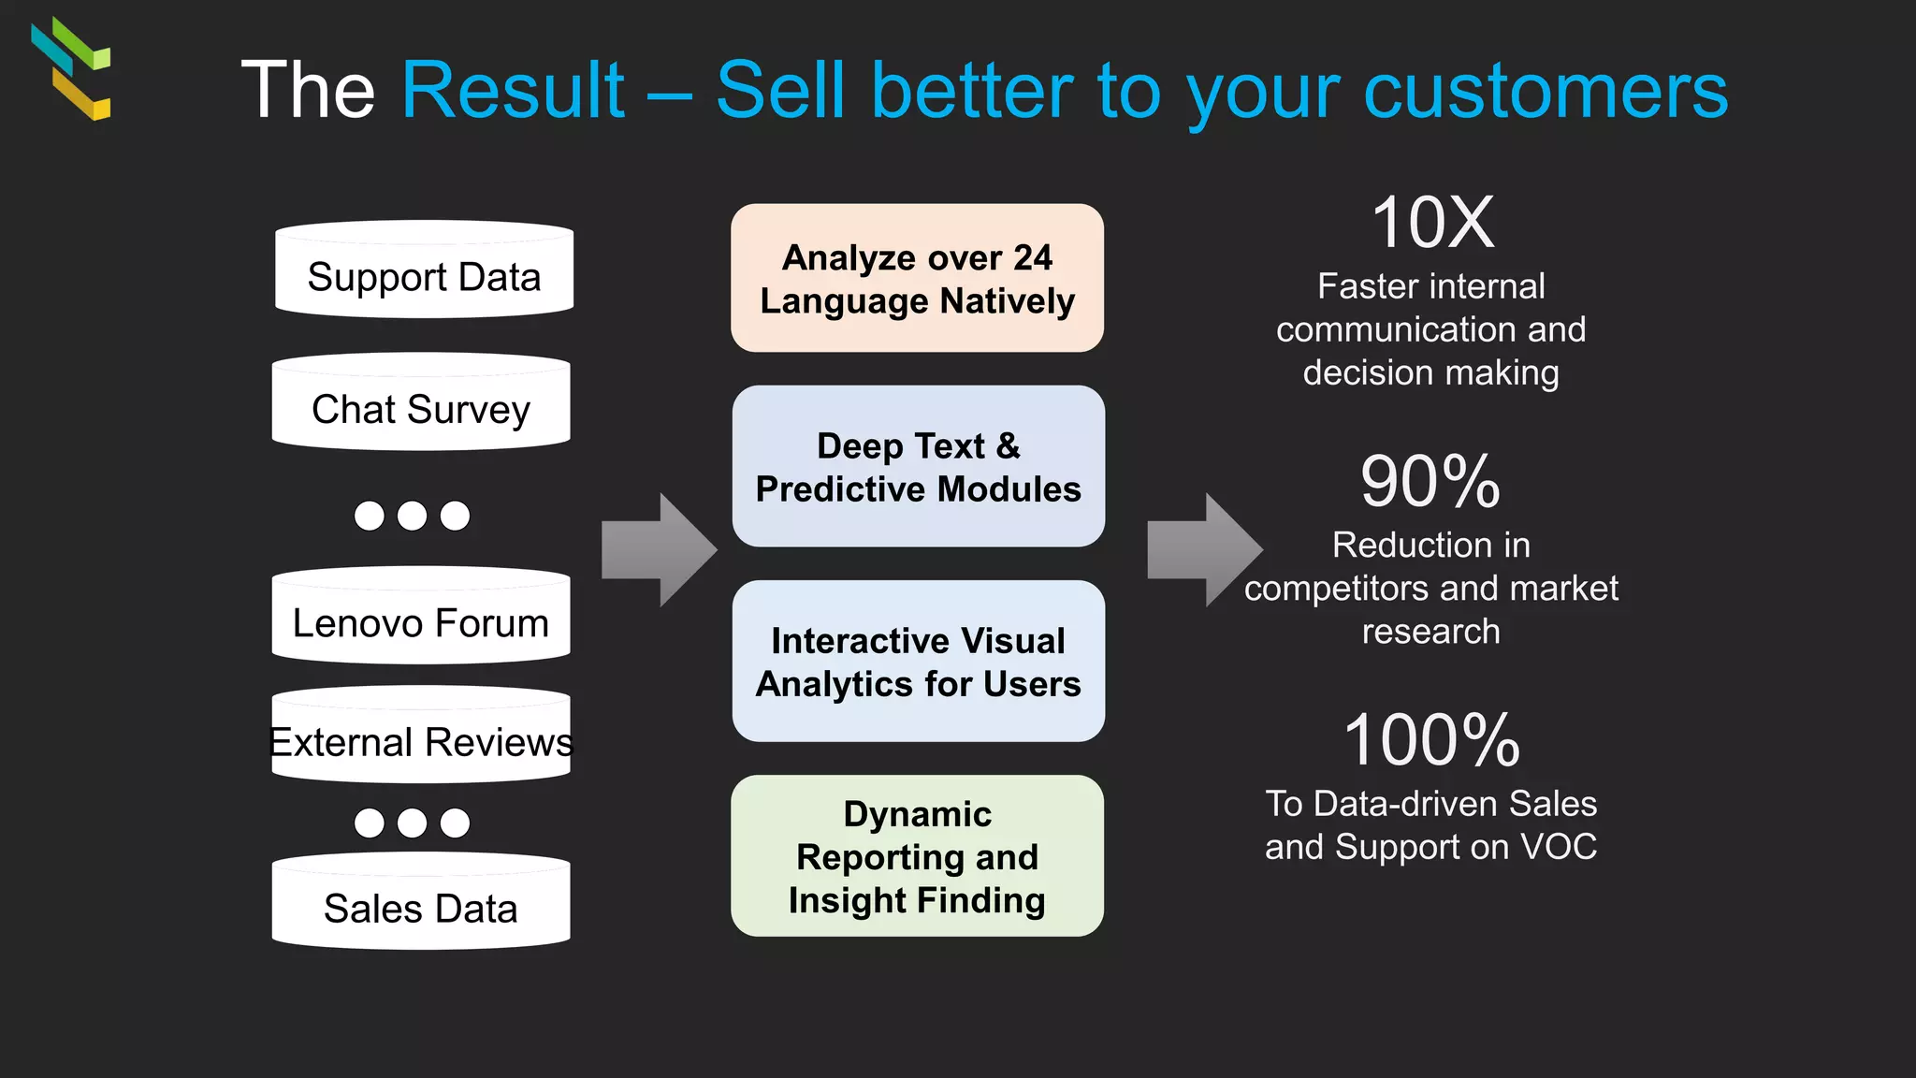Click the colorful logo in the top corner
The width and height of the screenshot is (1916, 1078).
(72, 68)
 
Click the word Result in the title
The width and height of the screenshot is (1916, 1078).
(513, 91)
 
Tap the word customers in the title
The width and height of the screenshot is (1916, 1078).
(1546, 91)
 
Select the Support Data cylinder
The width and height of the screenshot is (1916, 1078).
(424, 272)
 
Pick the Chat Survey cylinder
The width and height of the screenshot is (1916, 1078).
(421, 404)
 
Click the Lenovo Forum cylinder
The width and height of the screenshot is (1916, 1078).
(421, 619)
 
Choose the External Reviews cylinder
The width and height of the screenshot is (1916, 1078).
(421, 738)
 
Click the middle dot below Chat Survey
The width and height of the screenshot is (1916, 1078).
(412, 516)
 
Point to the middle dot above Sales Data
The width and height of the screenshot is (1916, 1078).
(412, 823)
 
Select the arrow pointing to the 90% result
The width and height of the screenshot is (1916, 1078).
(1204, 550)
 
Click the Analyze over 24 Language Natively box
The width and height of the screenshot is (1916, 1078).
(917, 278)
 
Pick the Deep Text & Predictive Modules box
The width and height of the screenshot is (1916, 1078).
(918, 466)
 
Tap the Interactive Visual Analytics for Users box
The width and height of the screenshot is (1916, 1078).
(918, 661)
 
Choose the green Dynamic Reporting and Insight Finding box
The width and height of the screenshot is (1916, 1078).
(917, 855)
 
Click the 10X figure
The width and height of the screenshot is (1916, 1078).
(1432, 223)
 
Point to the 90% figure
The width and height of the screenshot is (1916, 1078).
(1430, 481)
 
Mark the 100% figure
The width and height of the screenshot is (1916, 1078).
(1431, 740)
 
